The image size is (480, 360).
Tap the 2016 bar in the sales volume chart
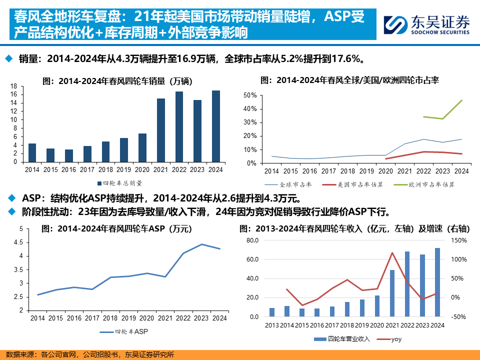68,155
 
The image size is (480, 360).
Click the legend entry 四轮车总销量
119,183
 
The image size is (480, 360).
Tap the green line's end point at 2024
461,100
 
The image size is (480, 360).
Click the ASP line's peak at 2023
201,244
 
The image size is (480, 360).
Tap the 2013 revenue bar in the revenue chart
272,312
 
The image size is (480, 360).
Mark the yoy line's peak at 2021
392,252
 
